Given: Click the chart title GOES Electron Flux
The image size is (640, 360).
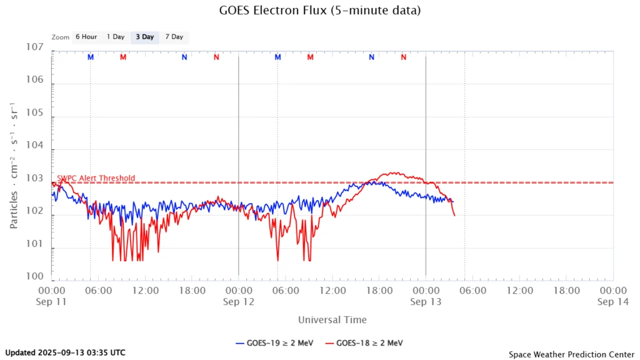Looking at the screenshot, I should (319, 11).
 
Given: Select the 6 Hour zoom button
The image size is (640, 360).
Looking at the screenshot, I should (86, 37).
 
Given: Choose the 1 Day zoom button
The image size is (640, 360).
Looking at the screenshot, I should (116, 37).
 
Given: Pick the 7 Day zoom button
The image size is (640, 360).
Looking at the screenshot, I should (174, 37).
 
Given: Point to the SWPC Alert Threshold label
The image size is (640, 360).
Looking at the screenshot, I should (96, 178).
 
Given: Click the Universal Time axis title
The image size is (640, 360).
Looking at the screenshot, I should (332, 320).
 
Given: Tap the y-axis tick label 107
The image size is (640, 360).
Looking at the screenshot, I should (34, 47).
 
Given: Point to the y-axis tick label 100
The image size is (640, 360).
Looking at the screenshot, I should (34, 276).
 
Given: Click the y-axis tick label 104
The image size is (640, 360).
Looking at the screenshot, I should (34, 146).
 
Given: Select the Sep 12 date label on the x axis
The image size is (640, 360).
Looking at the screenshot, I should (238, 301).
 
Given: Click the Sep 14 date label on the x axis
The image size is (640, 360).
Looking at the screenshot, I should (612, 301).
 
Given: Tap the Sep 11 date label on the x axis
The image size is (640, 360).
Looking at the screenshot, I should (52, 301).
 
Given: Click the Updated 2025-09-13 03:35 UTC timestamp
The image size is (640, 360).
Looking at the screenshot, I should (65, 352).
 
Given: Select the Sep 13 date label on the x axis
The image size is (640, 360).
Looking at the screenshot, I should (426, 301).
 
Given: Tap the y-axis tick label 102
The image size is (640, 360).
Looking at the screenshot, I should (34, 211).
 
